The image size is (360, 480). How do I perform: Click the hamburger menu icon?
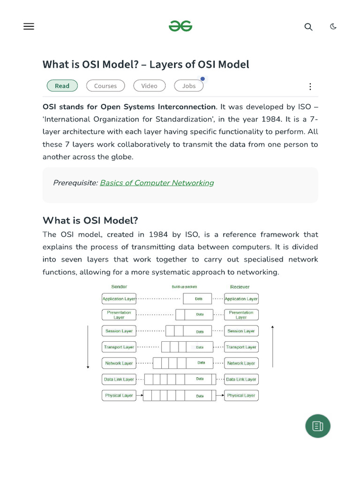pyautogui.click(x=29, y=27)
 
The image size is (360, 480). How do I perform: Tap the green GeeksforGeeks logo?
pyautogui.click(x=180, y=26)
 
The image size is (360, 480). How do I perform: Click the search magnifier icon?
pyautogui.click(x=308, y=27)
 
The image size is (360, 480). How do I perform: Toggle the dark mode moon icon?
pyautogui.click(x=333, y=26)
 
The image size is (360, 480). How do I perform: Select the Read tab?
pyautogui.click(x=62, y=86)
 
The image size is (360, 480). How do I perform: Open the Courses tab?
pyautogui.click(x=105, y=86)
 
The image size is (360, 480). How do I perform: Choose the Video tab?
pyautogui.click(x=149, y=86)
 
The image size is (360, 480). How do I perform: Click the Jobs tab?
pyautogui.click(x=189, y=86)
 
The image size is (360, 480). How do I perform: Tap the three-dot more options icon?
pyautogui.click(x=310, y=86)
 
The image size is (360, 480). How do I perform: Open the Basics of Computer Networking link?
pyautogui.click(x=157, y=183)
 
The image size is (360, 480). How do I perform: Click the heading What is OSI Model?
pyautogui.click(x=90, y=220)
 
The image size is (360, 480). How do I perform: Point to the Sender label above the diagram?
pyautogui.click(x=119, y=286)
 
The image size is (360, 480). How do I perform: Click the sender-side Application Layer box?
pyautogui.click(x=119, y=299)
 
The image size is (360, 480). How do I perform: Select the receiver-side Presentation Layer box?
pyautogui.click(x=241, y=315)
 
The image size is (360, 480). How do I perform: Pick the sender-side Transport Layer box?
pyautogui.click(x=119, y=347)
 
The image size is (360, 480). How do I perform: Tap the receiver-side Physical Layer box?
pyautogui.click(x=241, y=396)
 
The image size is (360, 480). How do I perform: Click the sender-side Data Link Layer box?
pyautogui.click(x=119, y=379)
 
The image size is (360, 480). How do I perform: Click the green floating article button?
pyautogui.click(x=318, y=426)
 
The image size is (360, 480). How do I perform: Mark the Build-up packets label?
pyautogui.click(x=185, y=287)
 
